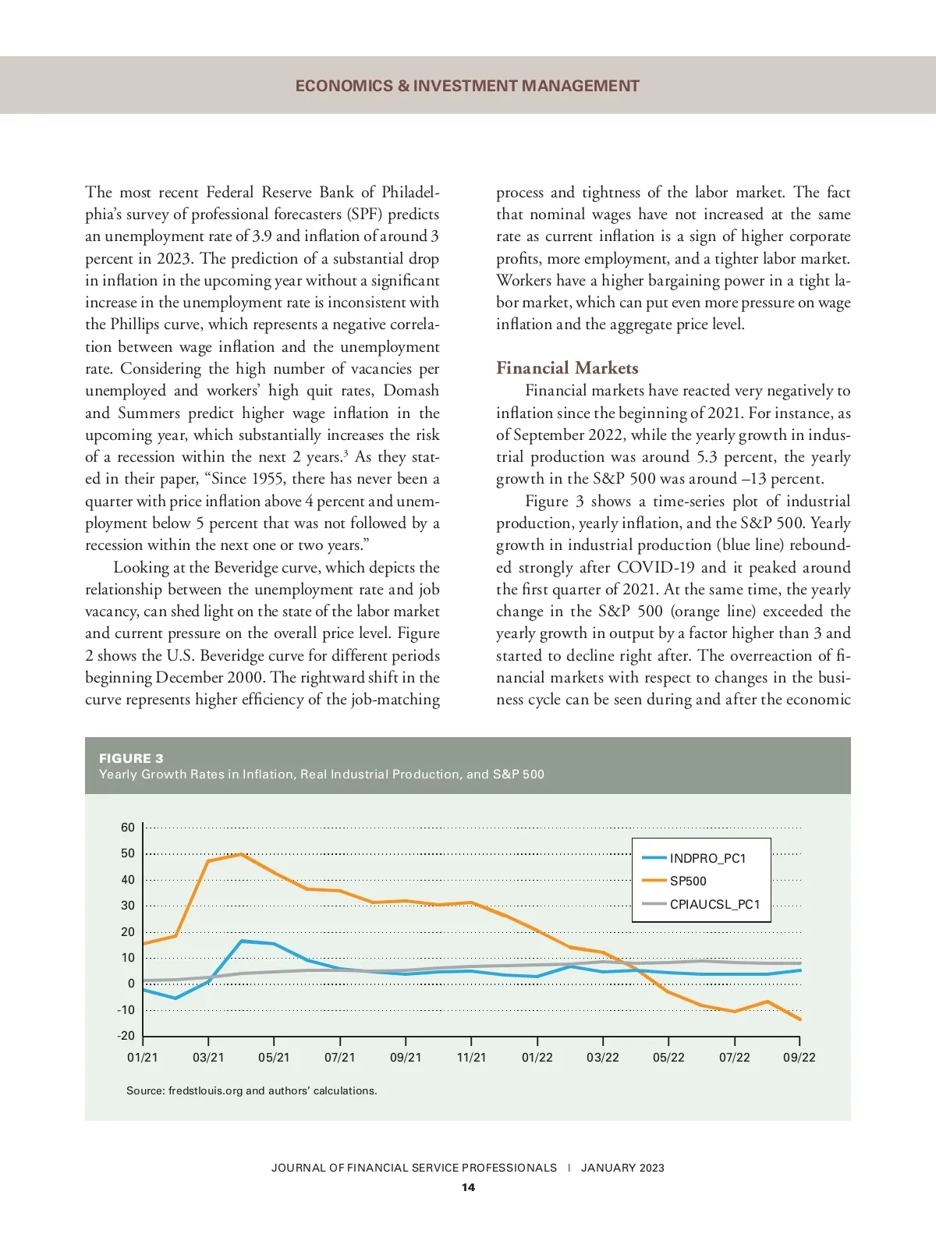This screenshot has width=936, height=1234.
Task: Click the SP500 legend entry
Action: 687,881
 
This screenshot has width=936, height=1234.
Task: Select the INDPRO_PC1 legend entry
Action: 707,858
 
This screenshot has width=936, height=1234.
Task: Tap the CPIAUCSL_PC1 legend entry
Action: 714,905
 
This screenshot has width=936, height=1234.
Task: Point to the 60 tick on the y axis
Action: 128,828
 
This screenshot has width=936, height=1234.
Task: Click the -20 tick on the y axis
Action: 126,1036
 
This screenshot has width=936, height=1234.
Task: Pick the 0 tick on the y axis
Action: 131,984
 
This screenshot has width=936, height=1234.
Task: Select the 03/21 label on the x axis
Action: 208,1058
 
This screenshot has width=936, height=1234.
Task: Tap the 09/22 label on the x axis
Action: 799,1058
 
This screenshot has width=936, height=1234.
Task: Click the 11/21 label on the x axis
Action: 471,1058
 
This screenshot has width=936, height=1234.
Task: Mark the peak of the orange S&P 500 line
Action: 241,854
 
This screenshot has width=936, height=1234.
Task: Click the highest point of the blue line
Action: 242,941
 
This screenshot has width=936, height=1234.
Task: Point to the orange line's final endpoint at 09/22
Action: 800,1019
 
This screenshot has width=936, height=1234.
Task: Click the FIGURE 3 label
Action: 131,758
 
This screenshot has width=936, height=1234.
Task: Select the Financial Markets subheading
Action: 567,368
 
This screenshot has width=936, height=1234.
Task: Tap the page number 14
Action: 468,1187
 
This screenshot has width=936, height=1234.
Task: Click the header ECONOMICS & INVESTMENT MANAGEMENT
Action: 467,86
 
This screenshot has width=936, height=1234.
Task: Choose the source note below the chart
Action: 252,1090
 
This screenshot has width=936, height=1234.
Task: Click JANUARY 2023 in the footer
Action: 622,1168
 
